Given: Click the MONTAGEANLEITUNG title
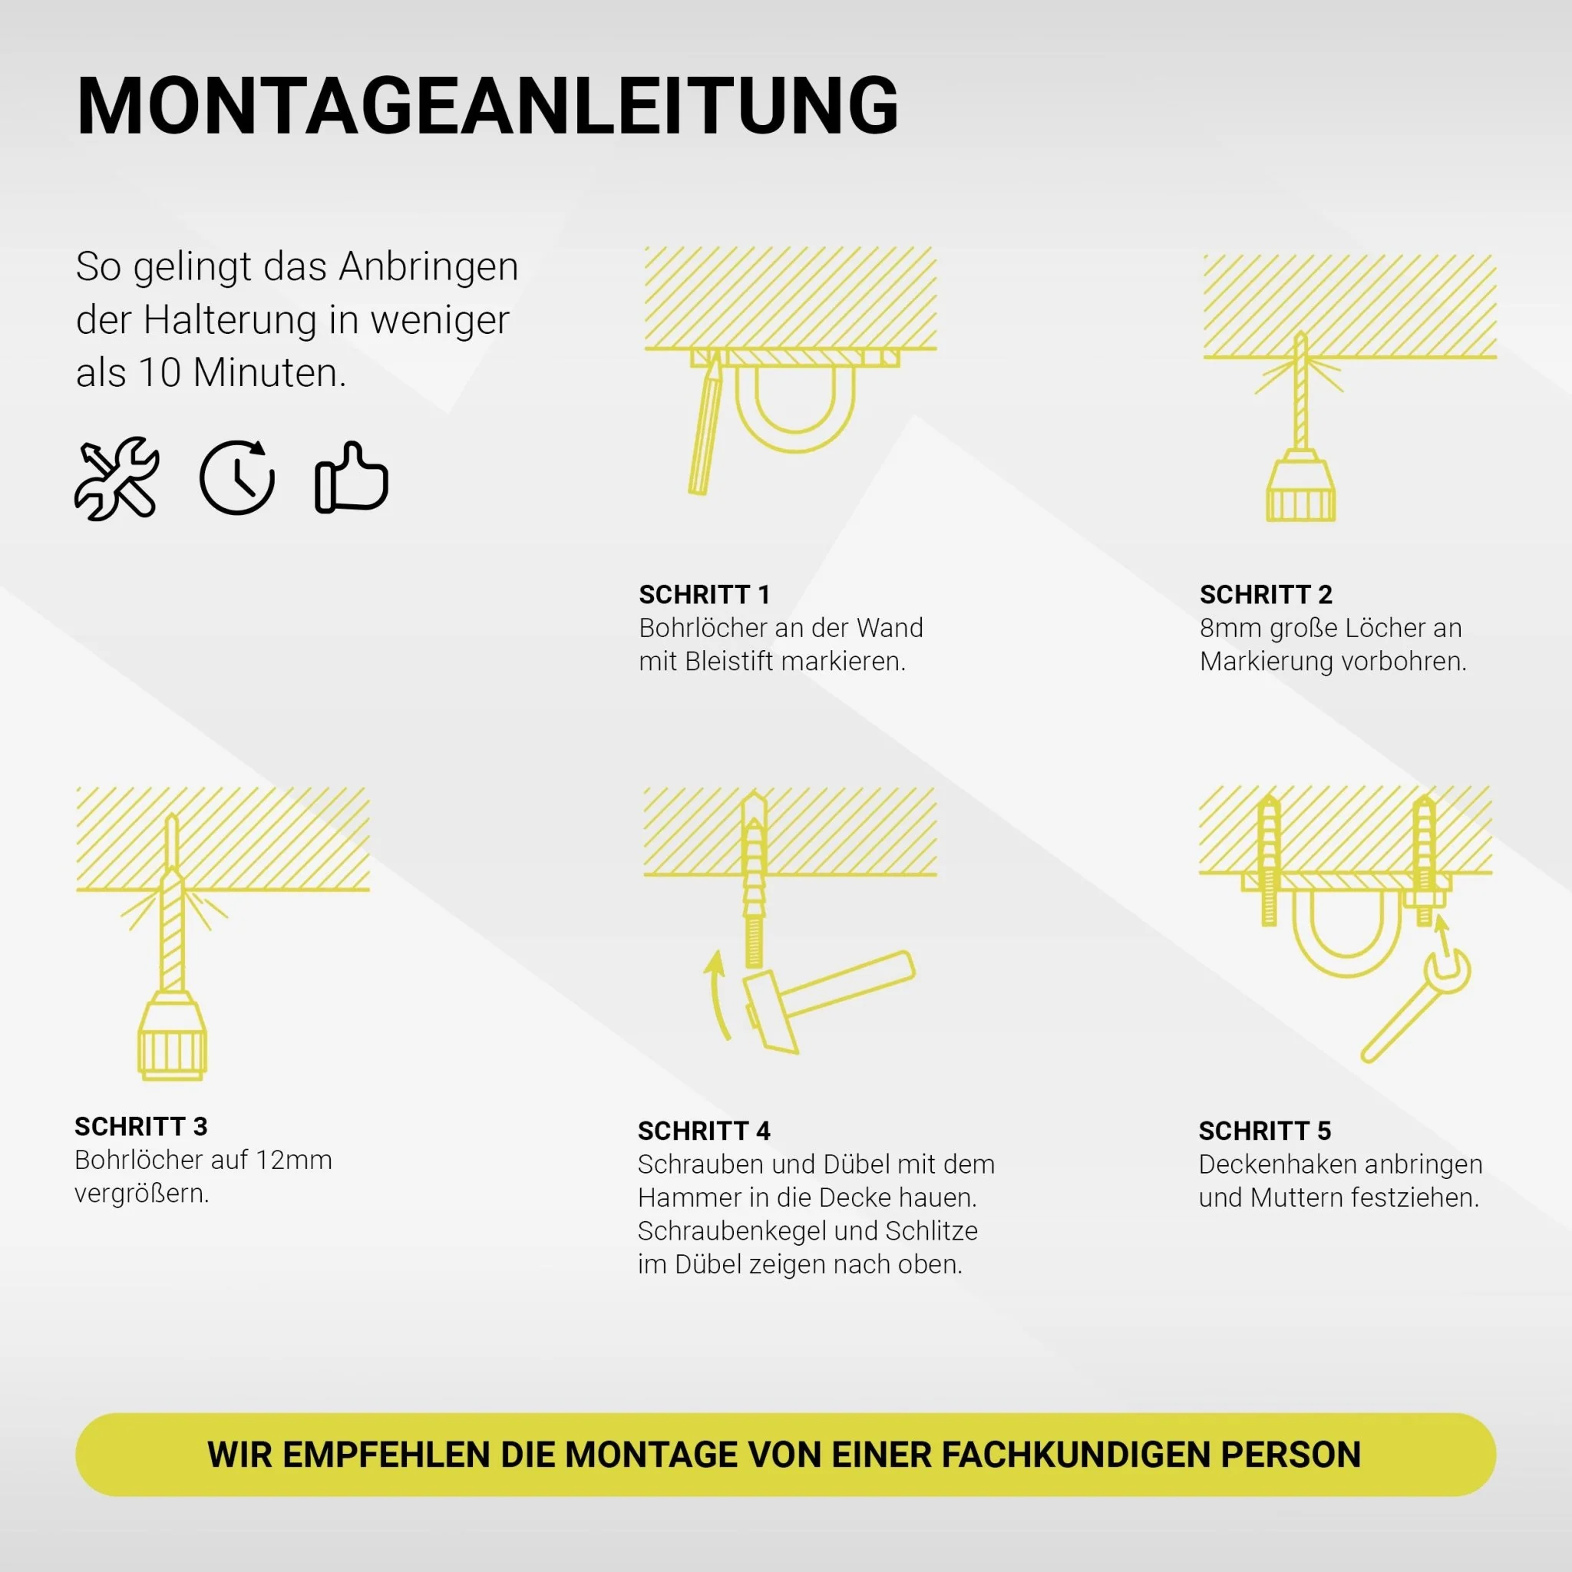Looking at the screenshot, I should tap(487, 107).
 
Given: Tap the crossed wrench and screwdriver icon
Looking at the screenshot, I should tap(117, 478).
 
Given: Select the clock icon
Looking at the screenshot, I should tap(236, 478).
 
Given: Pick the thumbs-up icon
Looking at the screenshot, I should tap(352, 478).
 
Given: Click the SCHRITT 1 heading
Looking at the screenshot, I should tap(704, 595).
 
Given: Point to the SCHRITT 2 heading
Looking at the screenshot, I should tap(1265, 595).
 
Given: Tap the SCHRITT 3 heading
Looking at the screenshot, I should tap(140, 1126).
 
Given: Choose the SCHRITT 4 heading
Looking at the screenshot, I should tap(703, 1131).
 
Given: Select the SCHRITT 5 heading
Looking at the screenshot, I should tap(1264, 1131).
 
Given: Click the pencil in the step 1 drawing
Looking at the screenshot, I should tap(705, 428).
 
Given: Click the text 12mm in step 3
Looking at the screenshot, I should tap(294, 1161).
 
